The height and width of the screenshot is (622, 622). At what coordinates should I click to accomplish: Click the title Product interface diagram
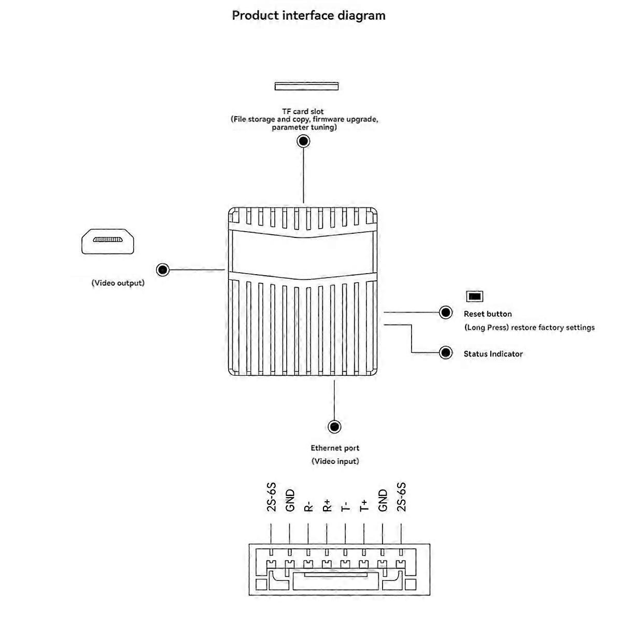pyautogui.click(x=308, y=16)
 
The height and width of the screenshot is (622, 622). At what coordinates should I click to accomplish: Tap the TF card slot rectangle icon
pyautogui.click(x=306, y=86)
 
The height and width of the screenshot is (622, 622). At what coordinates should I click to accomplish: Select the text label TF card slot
pyautogui.click(x=303, y=111)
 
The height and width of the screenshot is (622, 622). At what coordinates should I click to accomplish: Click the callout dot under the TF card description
pyautogui.click(x=303, y=141)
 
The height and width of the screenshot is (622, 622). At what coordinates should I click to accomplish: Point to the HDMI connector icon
pyautogui.click(x=108, y=241)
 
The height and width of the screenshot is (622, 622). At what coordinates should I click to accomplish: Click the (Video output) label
pyautogui.click(x=118, y=283)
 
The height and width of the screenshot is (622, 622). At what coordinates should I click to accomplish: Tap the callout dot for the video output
pyautogui.click(x=163, y=270)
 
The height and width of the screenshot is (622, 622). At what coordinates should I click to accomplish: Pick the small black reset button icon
pyautogui.click(x=475, y=296)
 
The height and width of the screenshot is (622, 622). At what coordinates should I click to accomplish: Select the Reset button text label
pyautogui.click(x=488, y=314)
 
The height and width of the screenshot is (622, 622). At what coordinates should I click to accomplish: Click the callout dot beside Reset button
pyautogui.click(x=446, y=313)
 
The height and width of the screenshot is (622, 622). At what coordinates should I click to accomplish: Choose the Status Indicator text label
pyautogui.click(x=493, y=354)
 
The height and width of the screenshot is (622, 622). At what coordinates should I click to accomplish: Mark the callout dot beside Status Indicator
pyautogui.click(x=446, y=353)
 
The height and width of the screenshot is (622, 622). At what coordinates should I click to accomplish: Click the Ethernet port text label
pyautogui.click(x=335, y=448)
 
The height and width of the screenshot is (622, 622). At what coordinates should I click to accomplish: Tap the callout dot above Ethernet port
pyautogui.click(x=335, y=427)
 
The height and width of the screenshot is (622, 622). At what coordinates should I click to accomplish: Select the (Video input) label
pyautogui.click(x=335, y=461)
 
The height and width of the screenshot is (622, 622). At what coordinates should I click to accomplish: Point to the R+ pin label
pyautogui.click(x=327, y=505)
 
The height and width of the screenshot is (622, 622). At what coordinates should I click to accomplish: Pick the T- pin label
pyautogui.click(x=346, y=506)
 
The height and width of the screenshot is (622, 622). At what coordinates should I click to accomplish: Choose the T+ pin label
pyautogui.click(x=364, y=505)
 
